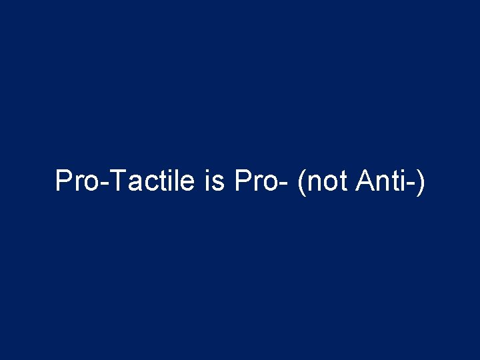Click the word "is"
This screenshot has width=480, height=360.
point(215,181)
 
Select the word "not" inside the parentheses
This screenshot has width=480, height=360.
point(328,181)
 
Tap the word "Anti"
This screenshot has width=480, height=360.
point(381,181)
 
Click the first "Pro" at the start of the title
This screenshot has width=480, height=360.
point(75,181)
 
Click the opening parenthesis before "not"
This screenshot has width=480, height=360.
point(303,181)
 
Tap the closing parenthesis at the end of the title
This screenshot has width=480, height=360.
point(419,181)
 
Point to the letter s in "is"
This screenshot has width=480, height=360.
point(219,183)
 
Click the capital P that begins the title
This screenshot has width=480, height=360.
point(62,181)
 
